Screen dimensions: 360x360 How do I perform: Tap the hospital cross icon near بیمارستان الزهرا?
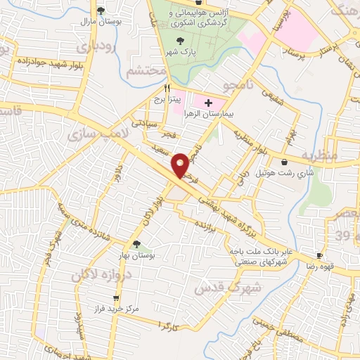click(x=208, y=103)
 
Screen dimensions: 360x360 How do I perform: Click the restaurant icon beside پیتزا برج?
click(x=167, y=89)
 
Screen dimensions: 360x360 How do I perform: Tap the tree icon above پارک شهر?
click(x=181, y=41)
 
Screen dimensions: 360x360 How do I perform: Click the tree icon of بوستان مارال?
click(x=101, y=11)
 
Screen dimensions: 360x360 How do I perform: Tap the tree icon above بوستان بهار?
click(x=136, y=243)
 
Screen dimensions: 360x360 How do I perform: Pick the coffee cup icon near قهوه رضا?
click(x=320, y=255)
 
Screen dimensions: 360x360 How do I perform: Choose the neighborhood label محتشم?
click(x=147, y=72)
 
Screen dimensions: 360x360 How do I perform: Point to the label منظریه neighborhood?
click(x=320, y=154)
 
